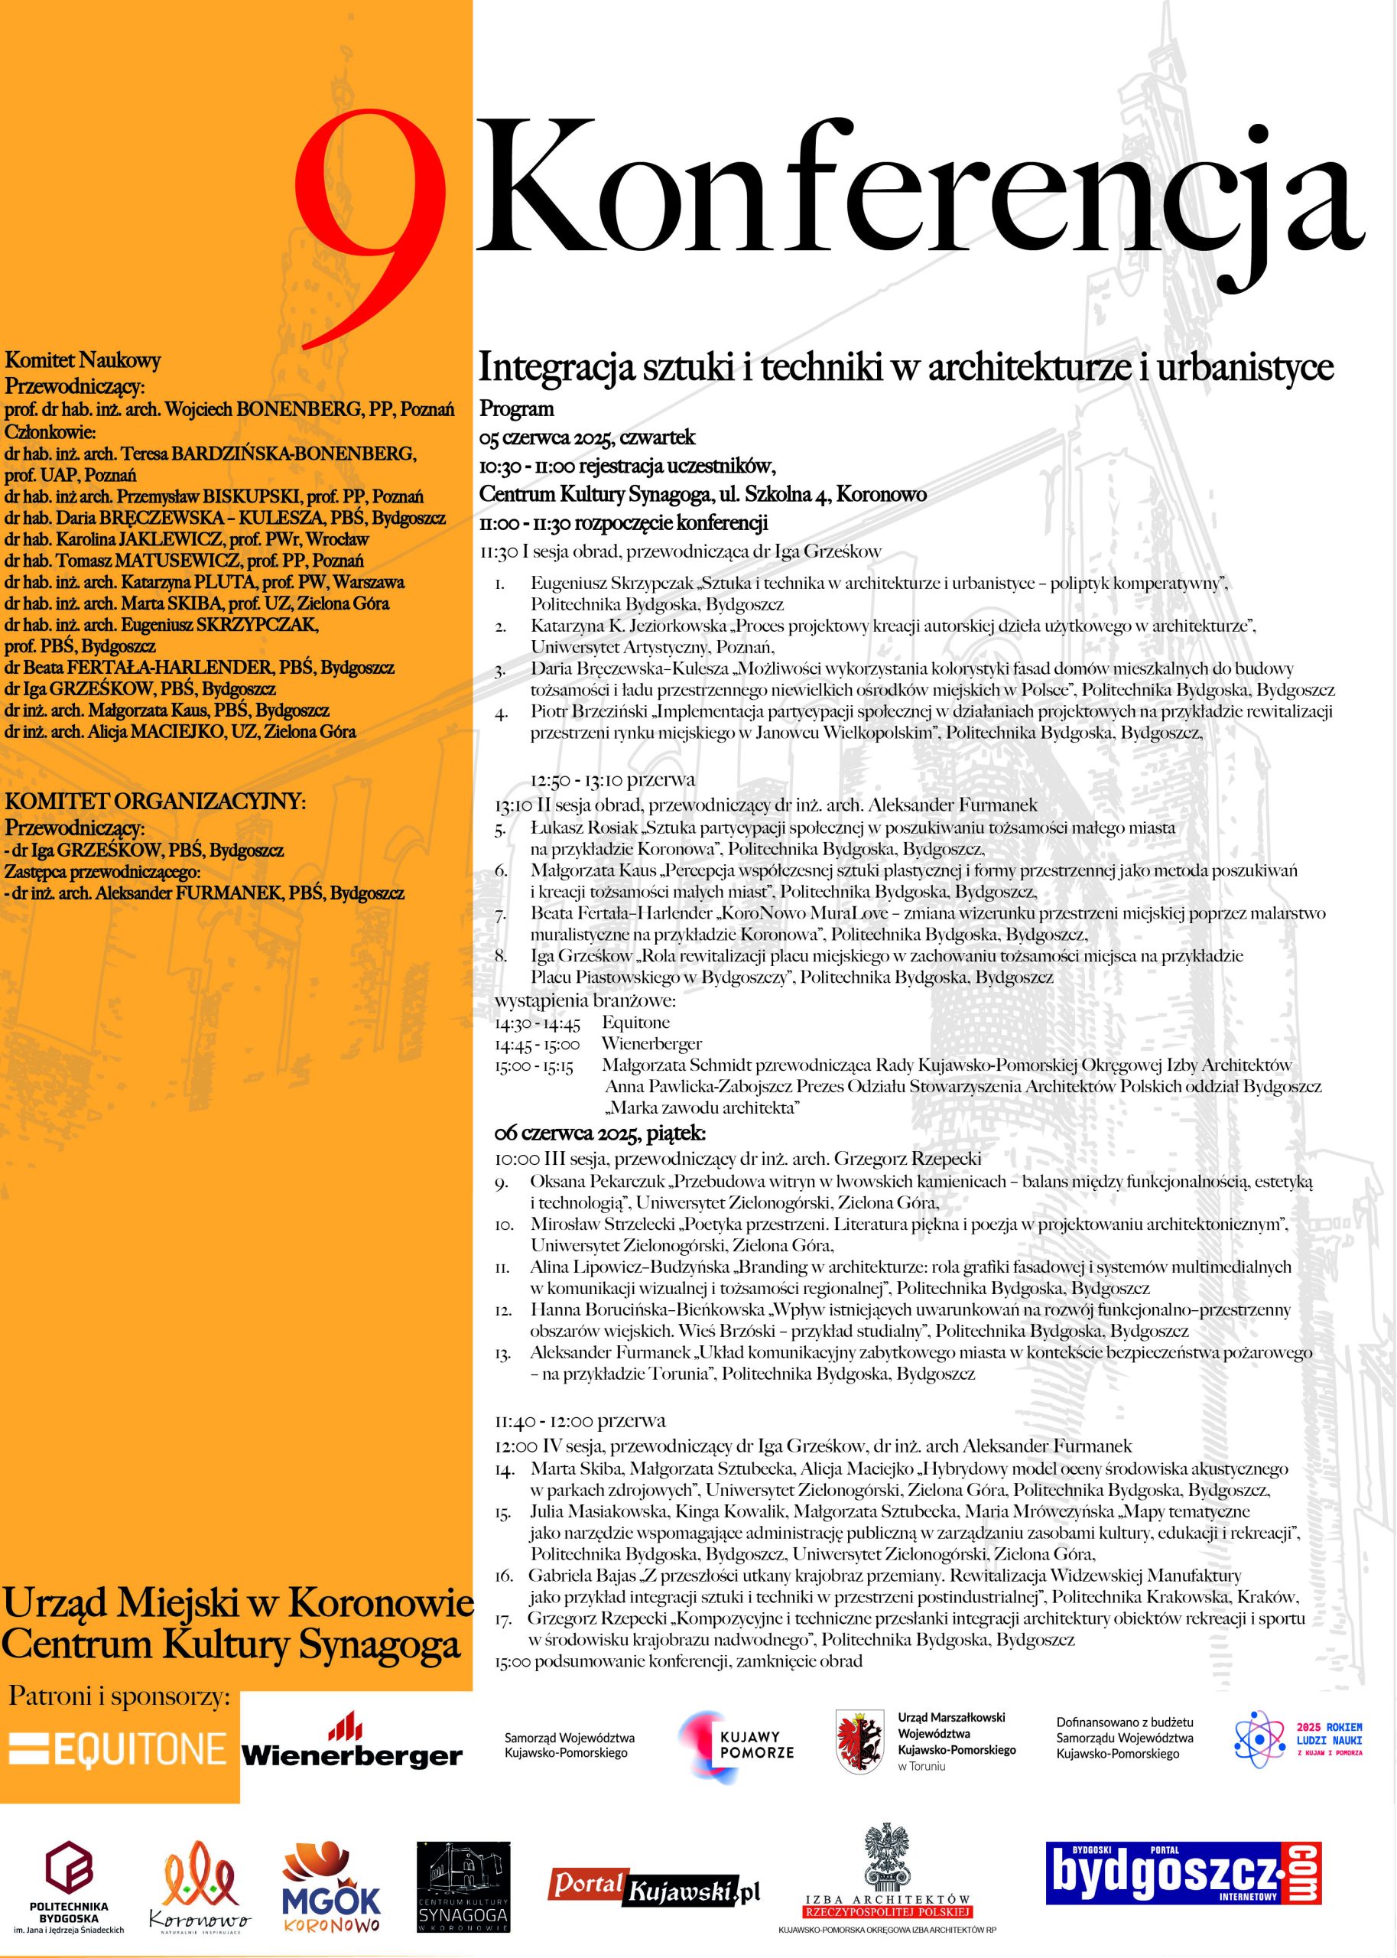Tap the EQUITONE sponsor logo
pyautogui.click(x=118, y=1749)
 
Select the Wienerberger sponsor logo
pyautogui.click(x=352, y=1745)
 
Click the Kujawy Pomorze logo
pyautogui.click(x=736, y=1746)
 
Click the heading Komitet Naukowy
pyautogui.click(x=83, y=360)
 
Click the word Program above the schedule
pyautogui.click(x=517, y=408)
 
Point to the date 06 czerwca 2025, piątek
pyautogui.click(x=600, y=1133)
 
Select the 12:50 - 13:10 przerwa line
pyautogui.click(x=612, y=780)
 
